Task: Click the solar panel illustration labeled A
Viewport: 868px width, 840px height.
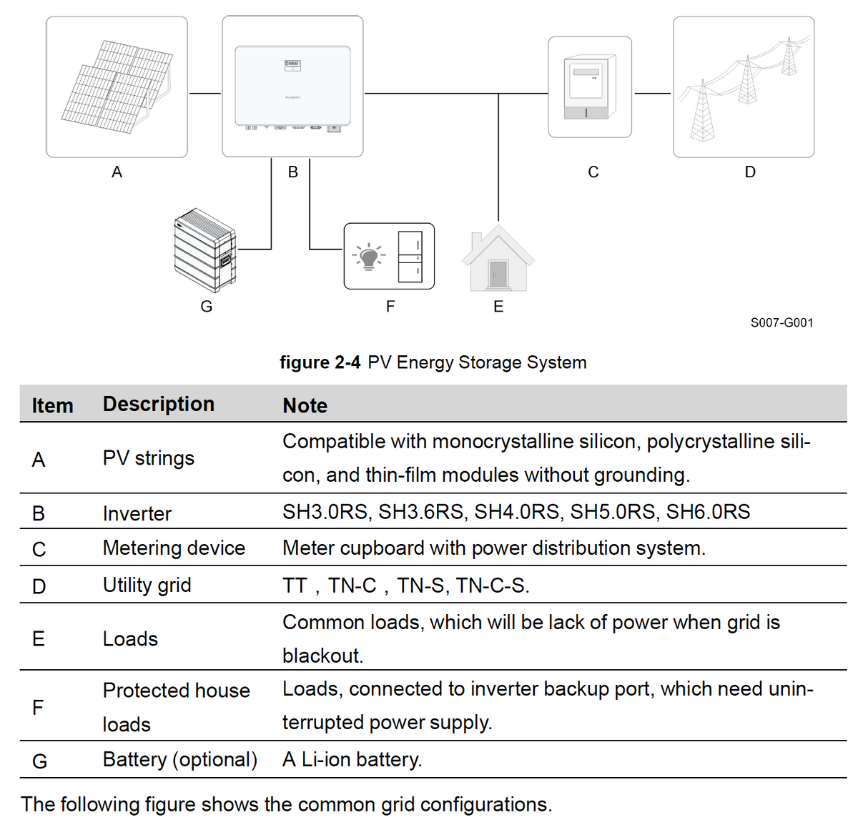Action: coord(117,87)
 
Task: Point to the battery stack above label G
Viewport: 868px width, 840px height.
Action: coord(205,250)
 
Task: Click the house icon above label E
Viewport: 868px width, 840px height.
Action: coord(498,259)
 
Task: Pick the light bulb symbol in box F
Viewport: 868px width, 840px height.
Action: coord(368,256)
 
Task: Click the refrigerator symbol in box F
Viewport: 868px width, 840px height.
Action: coord(410,256)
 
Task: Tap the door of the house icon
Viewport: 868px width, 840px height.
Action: coord(498,275)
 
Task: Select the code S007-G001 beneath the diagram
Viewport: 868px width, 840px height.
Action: coord(781,322)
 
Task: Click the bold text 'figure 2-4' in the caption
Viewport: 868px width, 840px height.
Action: coord(320,362)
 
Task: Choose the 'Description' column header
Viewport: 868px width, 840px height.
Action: coord(158,404)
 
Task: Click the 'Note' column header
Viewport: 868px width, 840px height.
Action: coord(305,405)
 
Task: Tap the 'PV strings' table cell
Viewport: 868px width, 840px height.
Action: coord(148,458)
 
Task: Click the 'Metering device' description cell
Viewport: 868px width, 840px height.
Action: coord(174,548)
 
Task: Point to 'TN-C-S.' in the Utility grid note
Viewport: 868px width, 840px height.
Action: coord(493,585)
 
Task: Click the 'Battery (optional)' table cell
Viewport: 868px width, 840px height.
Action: coord(179,759)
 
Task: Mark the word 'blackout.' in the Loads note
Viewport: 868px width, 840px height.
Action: coord(322,656)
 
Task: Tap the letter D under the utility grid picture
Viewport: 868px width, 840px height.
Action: coord(750,172)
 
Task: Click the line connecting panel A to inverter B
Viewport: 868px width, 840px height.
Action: coord(205,93)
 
